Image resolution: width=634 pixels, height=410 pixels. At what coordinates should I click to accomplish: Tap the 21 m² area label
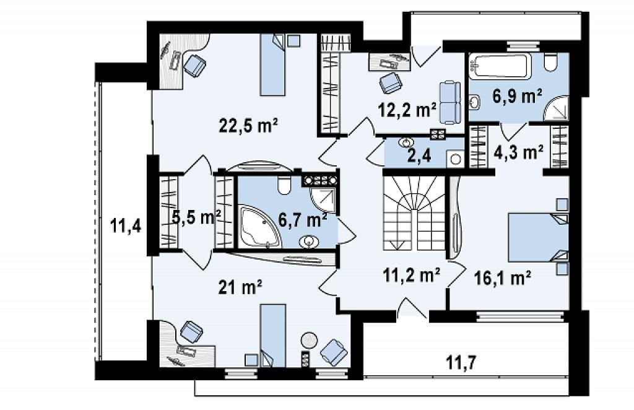click(x=240, y=287)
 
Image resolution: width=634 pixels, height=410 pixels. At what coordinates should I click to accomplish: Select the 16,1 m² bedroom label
click(x=502, y=278)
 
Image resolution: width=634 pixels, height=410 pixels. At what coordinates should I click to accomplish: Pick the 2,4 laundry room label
click(x=417, y=157)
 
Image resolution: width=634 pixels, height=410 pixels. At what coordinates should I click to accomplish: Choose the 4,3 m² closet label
click(x=518, y=152)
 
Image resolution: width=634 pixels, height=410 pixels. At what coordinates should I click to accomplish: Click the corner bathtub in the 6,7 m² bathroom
click(x=259, y=227)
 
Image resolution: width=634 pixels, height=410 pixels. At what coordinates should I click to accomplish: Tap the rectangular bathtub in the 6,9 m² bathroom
click(x=500, y=67)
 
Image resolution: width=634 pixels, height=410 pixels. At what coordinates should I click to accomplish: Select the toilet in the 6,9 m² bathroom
click(x=550, y=62)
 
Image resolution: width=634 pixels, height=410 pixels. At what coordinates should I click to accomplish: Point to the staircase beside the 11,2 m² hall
click(x=414, y=214)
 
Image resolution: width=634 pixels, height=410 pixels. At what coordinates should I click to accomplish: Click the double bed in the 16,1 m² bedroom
click(x=538, y=238)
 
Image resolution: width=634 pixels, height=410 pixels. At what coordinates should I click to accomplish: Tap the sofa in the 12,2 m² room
click(x=449, y=102)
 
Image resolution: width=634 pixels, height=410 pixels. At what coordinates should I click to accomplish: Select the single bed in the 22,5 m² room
click(x=272, y=64)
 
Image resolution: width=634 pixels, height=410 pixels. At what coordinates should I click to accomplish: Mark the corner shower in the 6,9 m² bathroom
click(x=557, y=108)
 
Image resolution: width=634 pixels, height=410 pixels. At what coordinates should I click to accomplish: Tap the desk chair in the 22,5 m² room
click(x=195, y=64)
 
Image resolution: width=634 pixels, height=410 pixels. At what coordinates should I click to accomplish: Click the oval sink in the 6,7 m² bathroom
click(x=309, y=242)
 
